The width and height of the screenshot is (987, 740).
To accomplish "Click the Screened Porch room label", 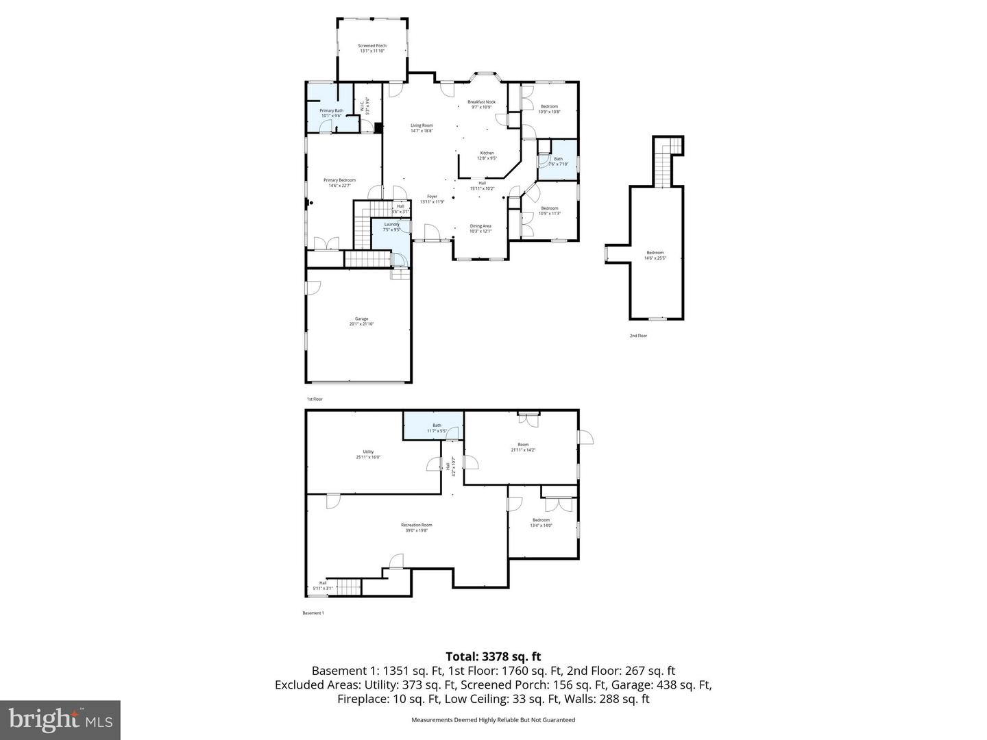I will (x=372, y=48).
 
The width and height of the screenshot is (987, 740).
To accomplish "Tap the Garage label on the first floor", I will (x=361, y=321).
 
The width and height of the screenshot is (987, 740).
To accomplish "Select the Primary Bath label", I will (x=331, y=113).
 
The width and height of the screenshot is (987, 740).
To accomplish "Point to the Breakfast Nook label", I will (x=482, y=104).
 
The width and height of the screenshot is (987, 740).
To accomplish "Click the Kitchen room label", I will (x=487, y=156).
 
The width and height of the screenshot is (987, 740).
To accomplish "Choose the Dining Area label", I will (x=480, y=228).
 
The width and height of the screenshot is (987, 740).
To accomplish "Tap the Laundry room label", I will (x=391, y=227).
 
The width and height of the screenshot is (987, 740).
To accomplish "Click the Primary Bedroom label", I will (x=339, y=182).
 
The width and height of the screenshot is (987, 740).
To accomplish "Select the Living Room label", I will (x=422, y=127).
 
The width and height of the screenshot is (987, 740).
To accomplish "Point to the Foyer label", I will (x=432, y=199).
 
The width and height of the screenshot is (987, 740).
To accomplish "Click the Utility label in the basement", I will (x=368, y=454).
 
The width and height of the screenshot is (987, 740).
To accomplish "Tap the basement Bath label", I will (x=437, y=428).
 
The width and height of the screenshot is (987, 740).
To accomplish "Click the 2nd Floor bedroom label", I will (x=655, y=256).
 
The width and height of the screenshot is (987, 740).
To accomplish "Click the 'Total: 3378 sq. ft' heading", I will (x=493, y=656).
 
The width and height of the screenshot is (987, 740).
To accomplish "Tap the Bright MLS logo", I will (x=60, y=720).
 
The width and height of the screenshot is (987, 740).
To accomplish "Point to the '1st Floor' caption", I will (x=314, y=399).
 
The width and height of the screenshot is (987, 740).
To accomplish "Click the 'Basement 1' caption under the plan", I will (x=313, y=613).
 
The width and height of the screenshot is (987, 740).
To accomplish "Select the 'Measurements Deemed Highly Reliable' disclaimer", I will (x=493, y=719).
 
